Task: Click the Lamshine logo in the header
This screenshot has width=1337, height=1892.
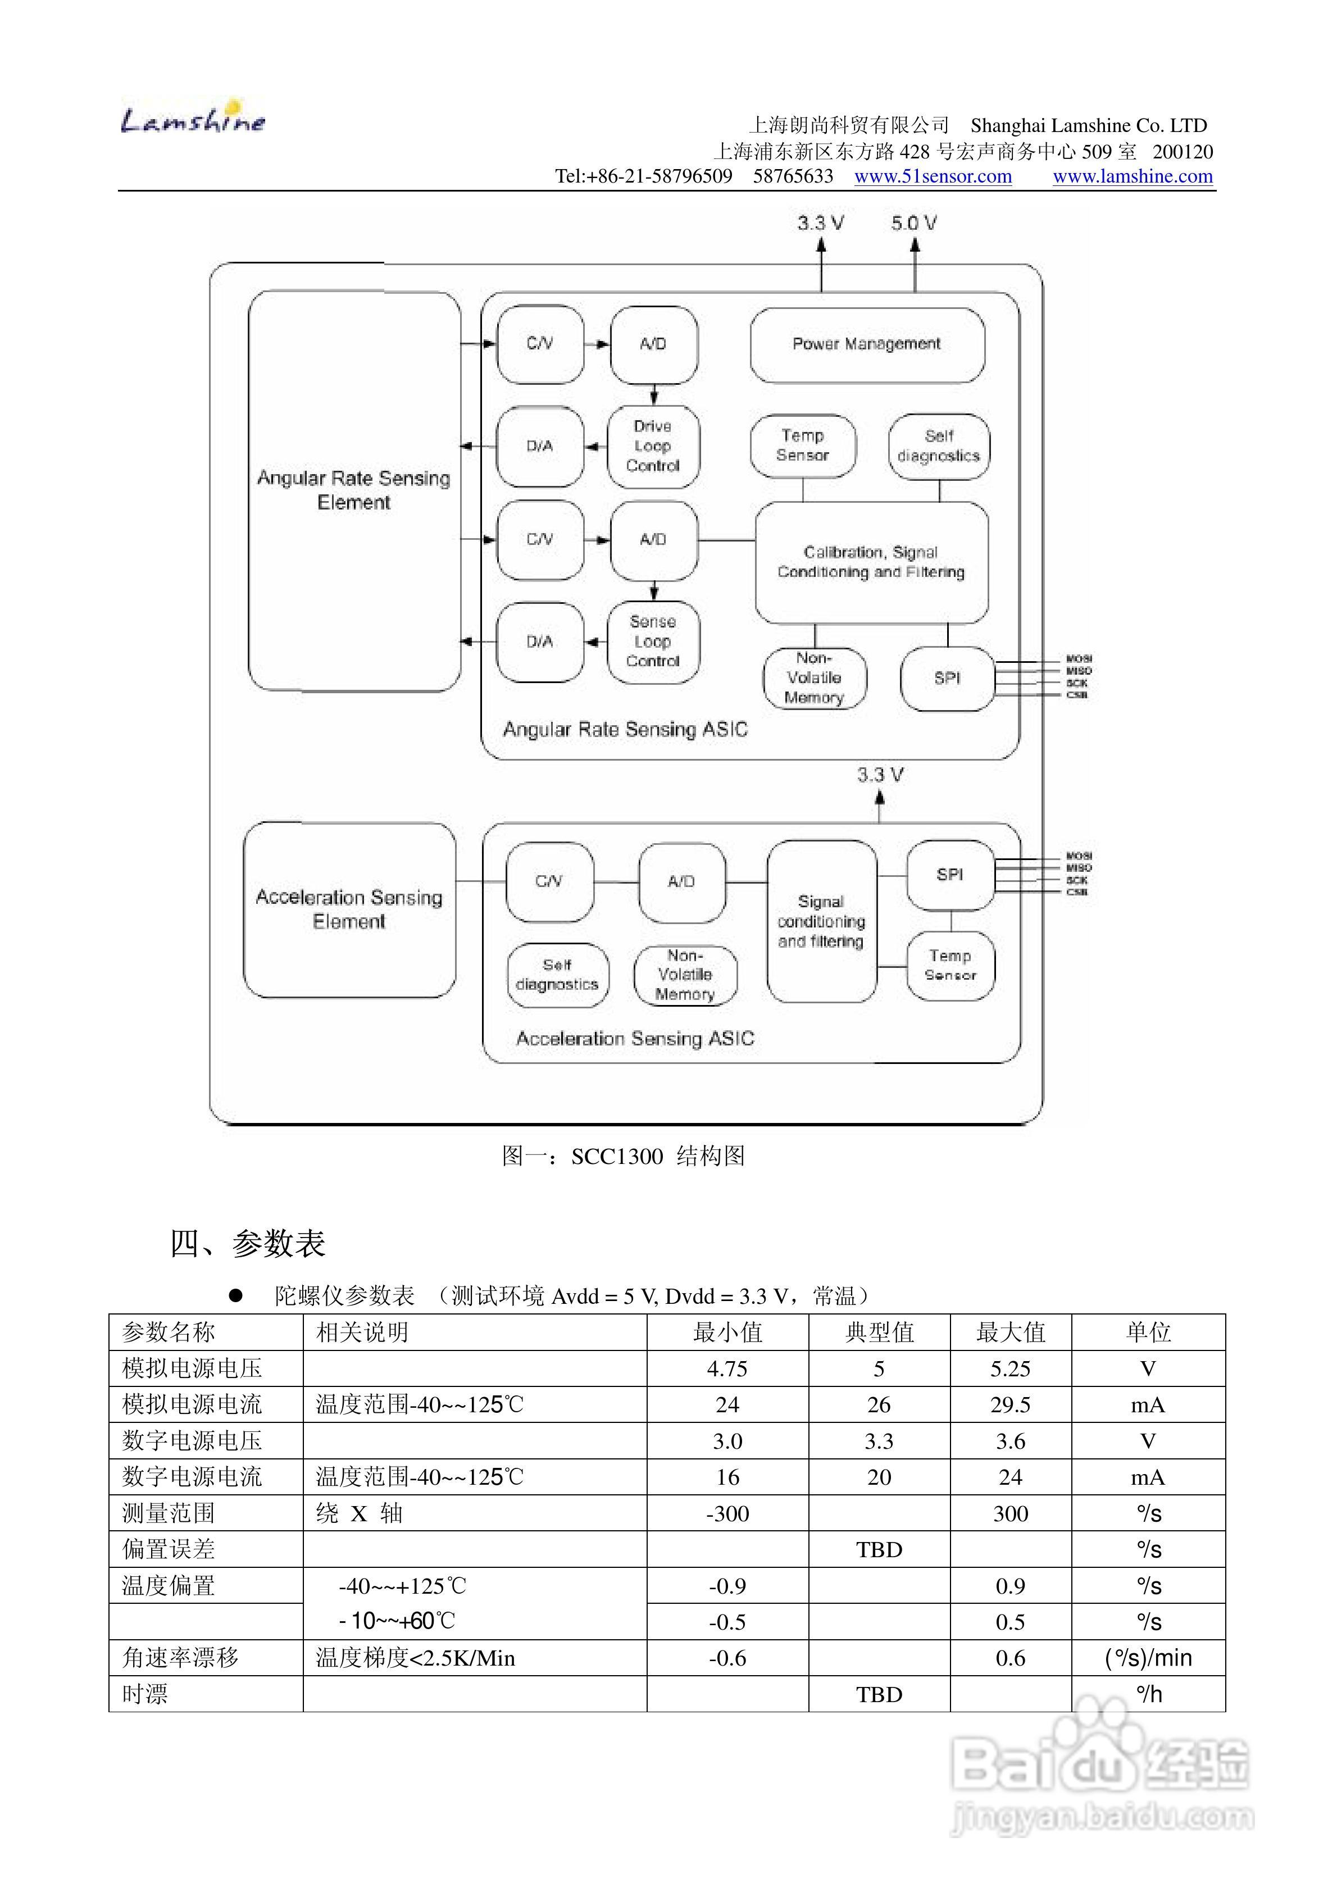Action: click(193, 120)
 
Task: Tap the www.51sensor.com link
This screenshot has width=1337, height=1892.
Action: click(933, 176)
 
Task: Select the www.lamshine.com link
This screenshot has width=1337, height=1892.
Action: click(1133, 176)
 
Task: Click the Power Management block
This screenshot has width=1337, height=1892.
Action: click(866, 344)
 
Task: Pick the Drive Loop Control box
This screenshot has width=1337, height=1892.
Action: click(653, 447)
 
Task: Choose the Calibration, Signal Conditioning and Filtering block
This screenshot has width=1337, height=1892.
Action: click(871, 562)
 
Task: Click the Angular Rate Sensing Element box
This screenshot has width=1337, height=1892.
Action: click(353, 490)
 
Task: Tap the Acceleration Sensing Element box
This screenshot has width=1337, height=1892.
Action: click(349, 909)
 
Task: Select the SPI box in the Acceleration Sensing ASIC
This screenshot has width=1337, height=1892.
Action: click(949, 874)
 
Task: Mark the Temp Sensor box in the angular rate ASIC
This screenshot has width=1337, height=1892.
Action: click(802, 446)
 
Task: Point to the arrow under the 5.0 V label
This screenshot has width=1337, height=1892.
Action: click(914, 263)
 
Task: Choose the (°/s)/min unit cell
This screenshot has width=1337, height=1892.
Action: click(1148, 1658)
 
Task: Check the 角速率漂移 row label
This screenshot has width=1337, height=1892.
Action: click(180, 1658)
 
